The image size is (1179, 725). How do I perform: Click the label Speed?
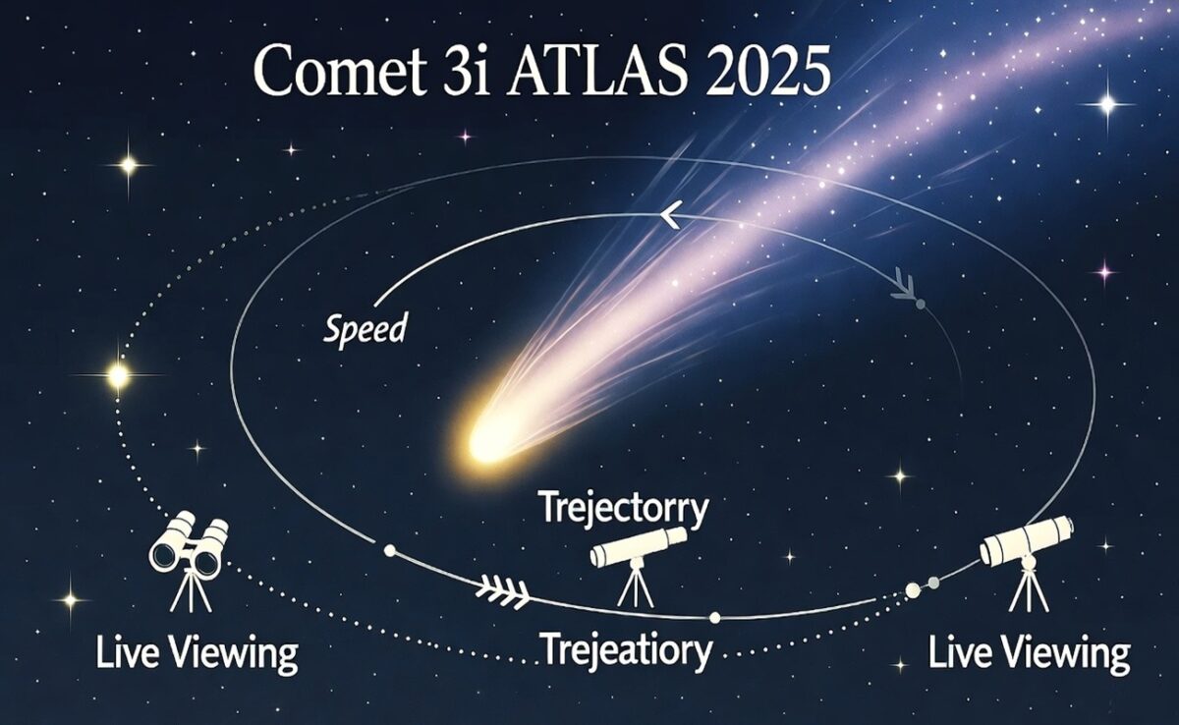click(x=365, y=328)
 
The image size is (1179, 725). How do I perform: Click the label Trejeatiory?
click(x=626, y=650)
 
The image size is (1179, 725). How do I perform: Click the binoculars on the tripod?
click(x=190, y=546)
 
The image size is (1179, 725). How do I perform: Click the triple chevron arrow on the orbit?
click(x=503, y=590)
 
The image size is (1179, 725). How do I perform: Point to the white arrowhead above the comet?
click(x=670, y=217)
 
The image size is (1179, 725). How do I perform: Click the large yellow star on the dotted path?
click(x=119, y=375)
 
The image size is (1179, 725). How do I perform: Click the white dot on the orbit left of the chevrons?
click(x=389, y=551)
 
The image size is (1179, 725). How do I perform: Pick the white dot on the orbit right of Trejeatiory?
click(x=715, y=617)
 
